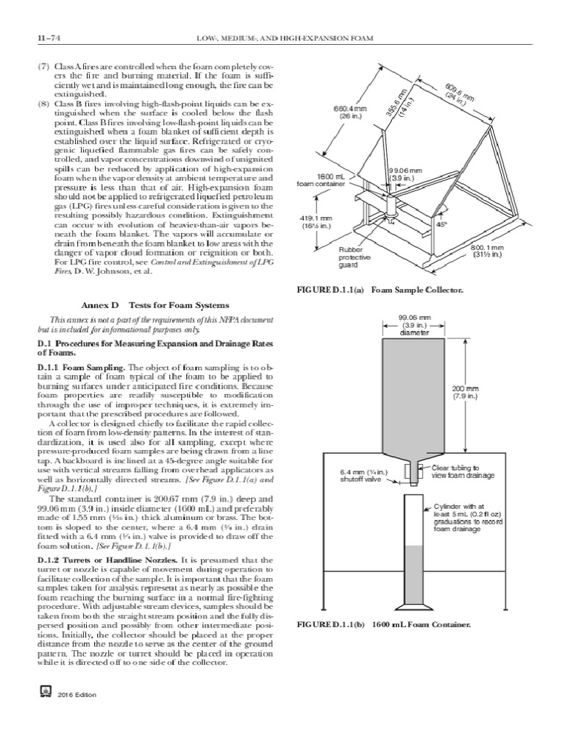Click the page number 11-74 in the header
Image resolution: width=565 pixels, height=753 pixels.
click(x=37, y=37)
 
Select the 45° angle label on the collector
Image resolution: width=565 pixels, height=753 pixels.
click(x=444, y=226)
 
